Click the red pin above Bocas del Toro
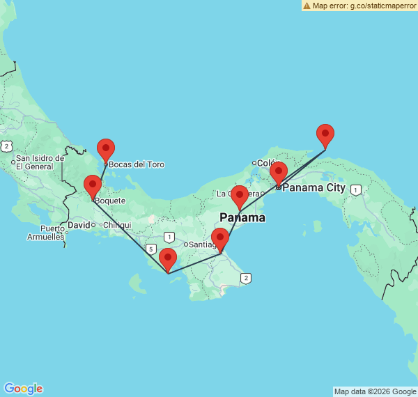[x=106, y=149]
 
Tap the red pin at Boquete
[x=92, y=186]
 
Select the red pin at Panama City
[x=279, y=172]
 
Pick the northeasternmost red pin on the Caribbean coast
[x=325, y=134]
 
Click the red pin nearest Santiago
[x=220, y=238]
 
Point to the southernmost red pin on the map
[x=168, y=258]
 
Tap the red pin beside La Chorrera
[x=240, y=196]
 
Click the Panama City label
[x=313, y=187]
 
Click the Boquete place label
[x=110, y=201]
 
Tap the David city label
[x=79, y=225]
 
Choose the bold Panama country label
[x=242, y=217]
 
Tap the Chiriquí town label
[x=117, y=225]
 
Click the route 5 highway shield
[x=151, y=248]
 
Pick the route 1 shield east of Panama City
[x=356, y=189]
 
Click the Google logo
[x=23, y=389]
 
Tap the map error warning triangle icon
[x=307, y=6]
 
